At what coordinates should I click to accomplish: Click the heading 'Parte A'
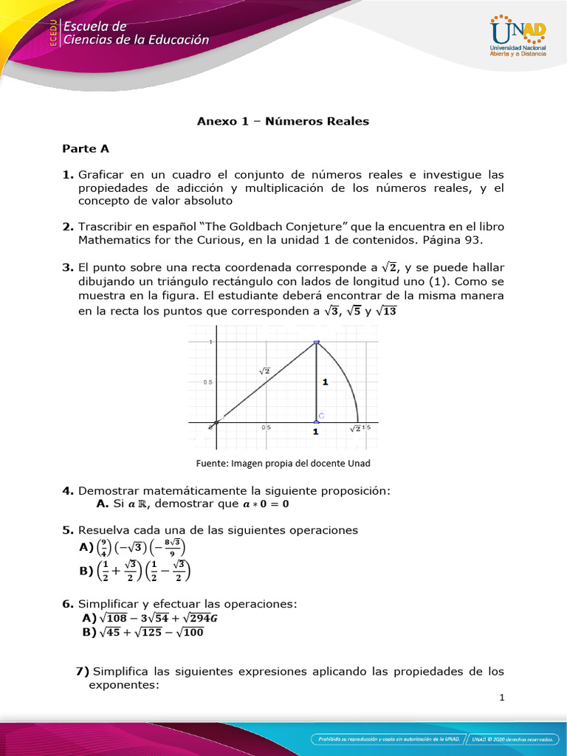point(86,148)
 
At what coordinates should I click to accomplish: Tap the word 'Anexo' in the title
point(213,121)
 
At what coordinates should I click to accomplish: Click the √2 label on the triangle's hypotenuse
point(264,371)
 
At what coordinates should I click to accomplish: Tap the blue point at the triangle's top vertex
point(317,342)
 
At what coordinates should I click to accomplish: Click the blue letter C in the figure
point(322,416)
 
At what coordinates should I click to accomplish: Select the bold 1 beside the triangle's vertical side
point(325,382)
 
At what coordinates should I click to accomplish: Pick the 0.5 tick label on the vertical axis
point(208,382)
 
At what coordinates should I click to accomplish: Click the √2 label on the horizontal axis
point(355,428)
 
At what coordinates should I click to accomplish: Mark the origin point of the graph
point(213,424)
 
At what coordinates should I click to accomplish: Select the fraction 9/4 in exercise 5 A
point(105,547)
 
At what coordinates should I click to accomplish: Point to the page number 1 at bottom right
point(501,698)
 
